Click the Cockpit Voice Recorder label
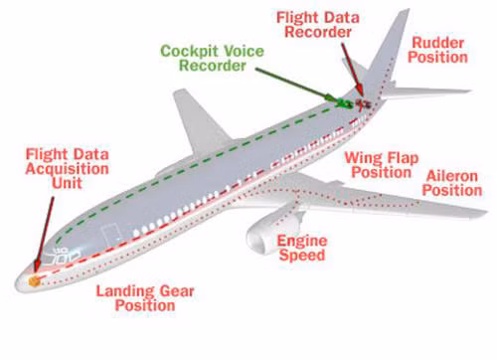tap(213, 59)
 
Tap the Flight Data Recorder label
tap(318, 25)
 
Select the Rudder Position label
tap(437, 50)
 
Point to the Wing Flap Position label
tap(382, 165)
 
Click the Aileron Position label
tap(452, 183)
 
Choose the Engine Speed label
tap(302, 248)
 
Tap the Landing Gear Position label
tap(145, 298)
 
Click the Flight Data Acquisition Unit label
tap(68, 169)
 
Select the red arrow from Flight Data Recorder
tap(352, 69)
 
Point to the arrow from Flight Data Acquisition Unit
tap(45, 233)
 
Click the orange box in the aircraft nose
tap(34, 281)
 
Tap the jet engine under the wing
tap(273, 231)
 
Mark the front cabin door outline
tap(110, 236)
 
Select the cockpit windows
tap(65, 256)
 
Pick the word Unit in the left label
tap(68, 183)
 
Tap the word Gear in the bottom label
tap(177, 291)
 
